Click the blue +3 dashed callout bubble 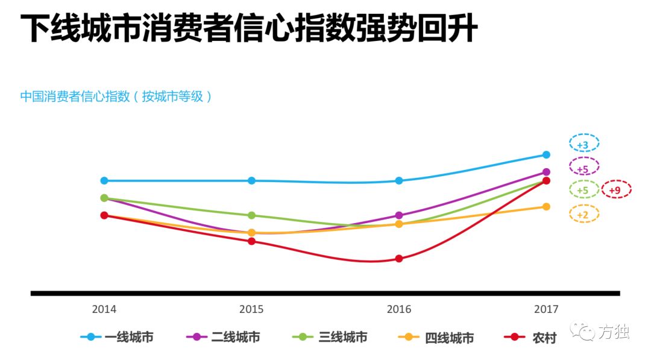(583, 144)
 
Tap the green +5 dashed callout (583, 189)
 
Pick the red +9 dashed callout (615, 189)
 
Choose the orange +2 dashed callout (583, 213)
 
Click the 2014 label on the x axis (104, 309)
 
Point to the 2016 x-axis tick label (398, 309)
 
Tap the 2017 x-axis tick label (546, 309)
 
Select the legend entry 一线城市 (117, 337)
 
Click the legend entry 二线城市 (224, 337)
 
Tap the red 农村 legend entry (531, 337)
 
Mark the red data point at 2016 (398, 259)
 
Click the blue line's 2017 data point (546, 155)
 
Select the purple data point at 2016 (398, 215)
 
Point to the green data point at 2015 (251, 215)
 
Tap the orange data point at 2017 (546, 207)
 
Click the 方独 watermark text (614, 332)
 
